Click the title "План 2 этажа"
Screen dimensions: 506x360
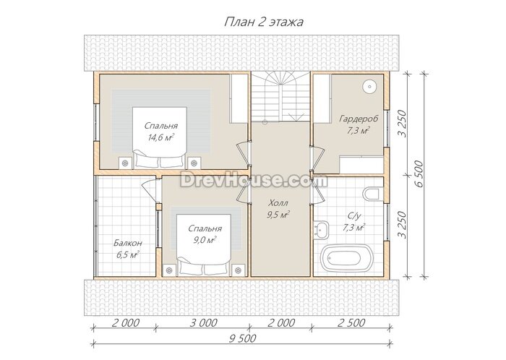tap(264, 22)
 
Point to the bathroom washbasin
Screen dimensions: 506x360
tap(321, 230)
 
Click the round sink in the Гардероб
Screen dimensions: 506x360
tap(369, 86)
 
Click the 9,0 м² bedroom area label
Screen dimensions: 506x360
tap(205, 240)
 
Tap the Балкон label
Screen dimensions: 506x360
tap(127, 243)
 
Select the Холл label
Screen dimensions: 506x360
tap(278, 203)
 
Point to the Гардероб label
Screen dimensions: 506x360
tap(359, 119)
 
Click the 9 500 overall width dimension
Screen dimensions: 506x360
tap(243, 338)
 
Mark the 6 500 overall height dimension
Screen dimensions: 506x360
tap(419, 174)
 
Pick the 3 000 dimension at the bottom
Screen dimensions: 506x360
tap(203, 322)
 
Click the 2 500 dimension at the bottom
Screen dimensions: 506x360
tap(351, 322)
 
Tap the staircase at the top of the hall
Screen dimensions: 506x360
tap(280, 97)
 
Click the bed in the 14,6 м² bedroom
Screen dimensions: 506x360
tap(160, 137)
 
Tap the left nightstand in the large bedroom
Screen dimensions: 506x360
tap(125, 163)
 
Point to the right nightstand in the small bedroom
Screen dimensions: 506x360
tap(238, 270)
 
